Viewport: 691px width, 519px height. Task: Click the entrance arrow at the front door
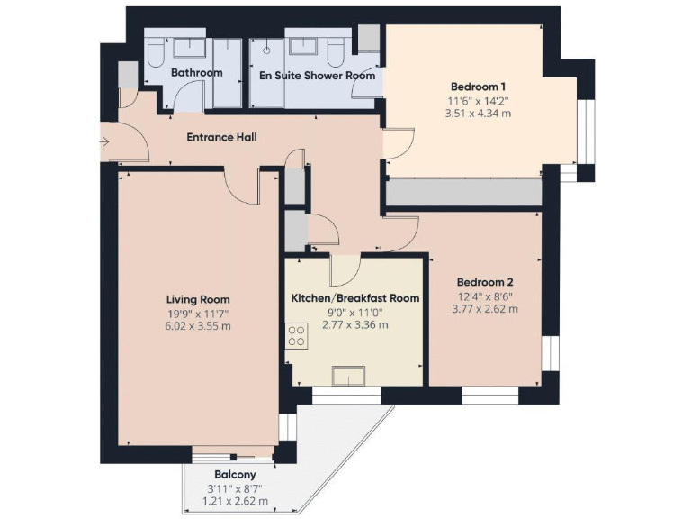(x=106, y=141)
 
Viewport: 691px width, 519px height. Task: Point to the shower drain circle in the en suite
(x=266, y=52)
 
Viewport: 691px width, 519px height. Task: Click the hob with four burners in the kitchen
(x=295, y=336)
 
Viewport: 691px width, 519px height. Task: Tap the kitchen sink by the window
(x=346, y=376)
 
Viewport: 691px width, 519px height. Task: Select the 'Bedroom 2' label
(x=486, y=280)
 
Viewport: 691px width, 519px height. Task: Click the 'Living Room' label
(x=198, y=299)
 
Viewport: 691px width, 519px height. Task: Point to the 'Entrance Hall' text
(x=221, y=138)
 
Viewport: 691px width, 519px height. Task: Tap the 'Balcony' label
(x=234, y=475)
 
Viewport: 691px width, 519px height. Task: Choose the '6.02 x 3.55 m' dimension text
(x=198, y=325)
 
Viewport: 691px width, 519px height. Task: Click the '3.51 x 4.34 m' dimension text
(x=478, y=114)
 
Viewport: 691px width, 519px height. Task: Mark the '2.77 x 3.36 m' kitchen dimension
(x=354, y=323)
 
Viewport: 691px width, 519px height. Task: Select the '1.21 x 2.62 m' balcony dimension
(x=234, y=501)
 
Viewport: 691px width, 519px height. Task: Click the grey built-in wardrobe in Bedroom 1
(x=463, y=192)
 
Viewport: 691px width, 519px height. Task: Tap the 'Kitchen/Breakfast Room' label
(x=354, y=297)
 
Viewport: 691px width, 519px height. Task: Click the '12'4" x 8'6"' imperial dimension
(x=486, y=296)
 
